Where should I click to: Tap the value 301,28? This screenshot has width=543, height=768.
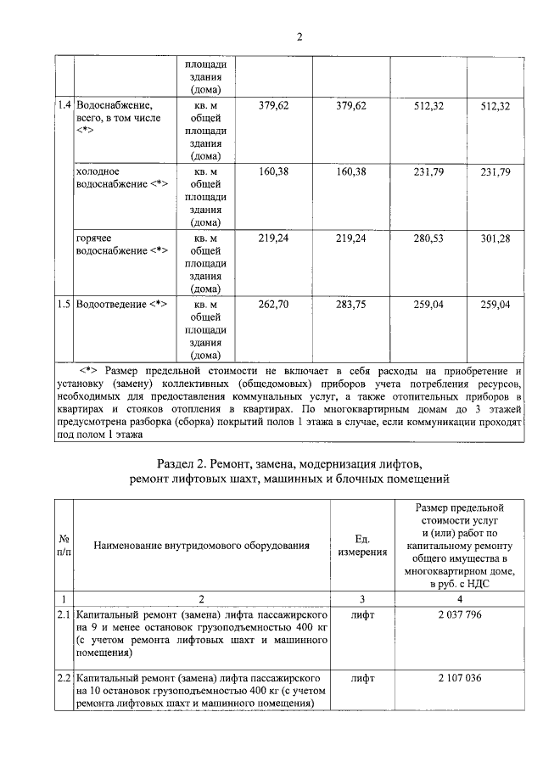pyautogui.click(x=495, y=239)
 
